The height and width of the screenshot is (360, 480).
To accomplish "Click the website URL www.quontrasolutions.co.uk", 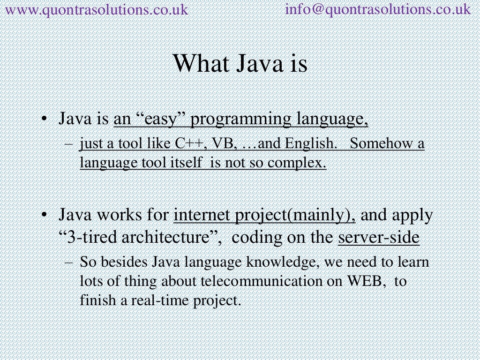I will tap(96, 9).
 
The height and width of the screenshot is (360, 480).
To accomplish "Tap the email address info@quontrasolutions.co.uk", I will tap(378, 9).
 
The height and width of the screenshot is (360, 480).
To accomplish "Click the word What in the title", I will tap(197, 64).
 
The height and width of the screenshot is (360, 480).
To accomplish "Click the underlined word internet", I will tap(202, 216).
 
